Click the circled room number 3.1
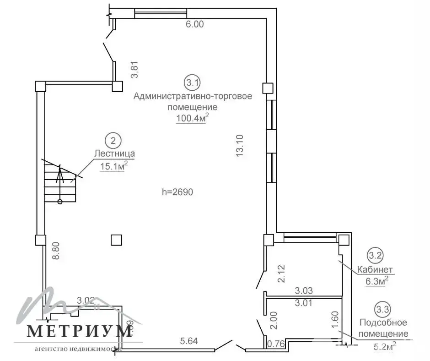192,83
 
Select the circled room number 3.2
376,255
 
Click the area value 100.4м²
193,119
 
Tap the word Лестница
114,154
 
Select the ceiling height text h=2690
178,192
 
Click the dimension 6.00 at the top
194,25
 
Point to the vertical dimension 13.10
239,146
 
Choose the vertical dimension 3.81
134,71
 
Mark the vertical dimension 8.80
56,251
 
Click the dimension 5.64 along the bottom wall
189,341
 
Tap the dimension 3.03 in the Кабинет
304,290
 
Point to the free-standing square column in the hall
117,240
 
